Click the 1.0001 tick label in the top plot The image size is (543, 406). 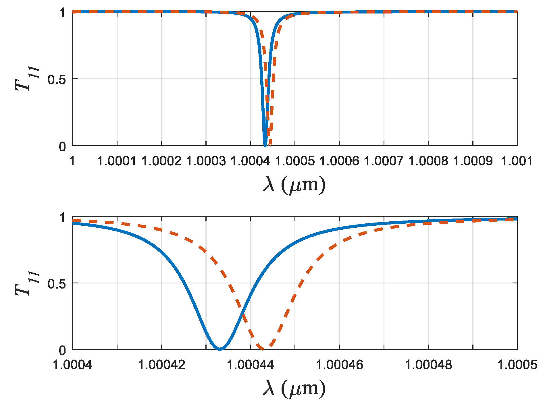[x=117, y=161]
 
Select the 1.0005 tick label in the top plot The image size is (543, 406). [x=295, y=161]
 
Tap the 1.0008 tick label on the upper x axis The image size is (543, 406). [x=428, y=161]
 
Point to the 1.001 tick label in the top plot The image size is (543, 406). [x=517, y=161]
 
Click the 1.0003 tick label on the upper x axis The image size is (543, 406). [x=206, y=161]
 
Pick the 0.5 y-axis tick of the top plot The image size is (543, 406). [x=57, y=79]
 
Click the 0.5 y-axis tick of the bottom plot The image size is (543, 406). [x=57, y=283]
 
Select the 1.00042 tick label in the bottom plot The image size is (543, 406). [x=161, y=365]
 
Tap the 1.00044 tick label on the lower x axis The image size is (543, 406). [x=251, y=365]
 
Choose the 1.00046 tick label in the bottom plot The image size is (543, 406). [x=339, y=365]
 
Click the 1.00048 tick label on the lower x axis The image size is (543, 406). [x=428, y=365]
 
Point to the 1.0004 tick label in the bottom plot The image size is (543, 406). [x=73, y=365]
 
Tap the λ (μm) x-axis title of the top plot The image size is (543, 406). [x=294, y=185]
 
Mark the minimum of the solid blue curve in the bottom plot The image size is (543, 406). [x=219, y=349]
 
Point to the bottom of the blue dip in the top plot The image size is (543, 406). [x=265, y=145]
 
